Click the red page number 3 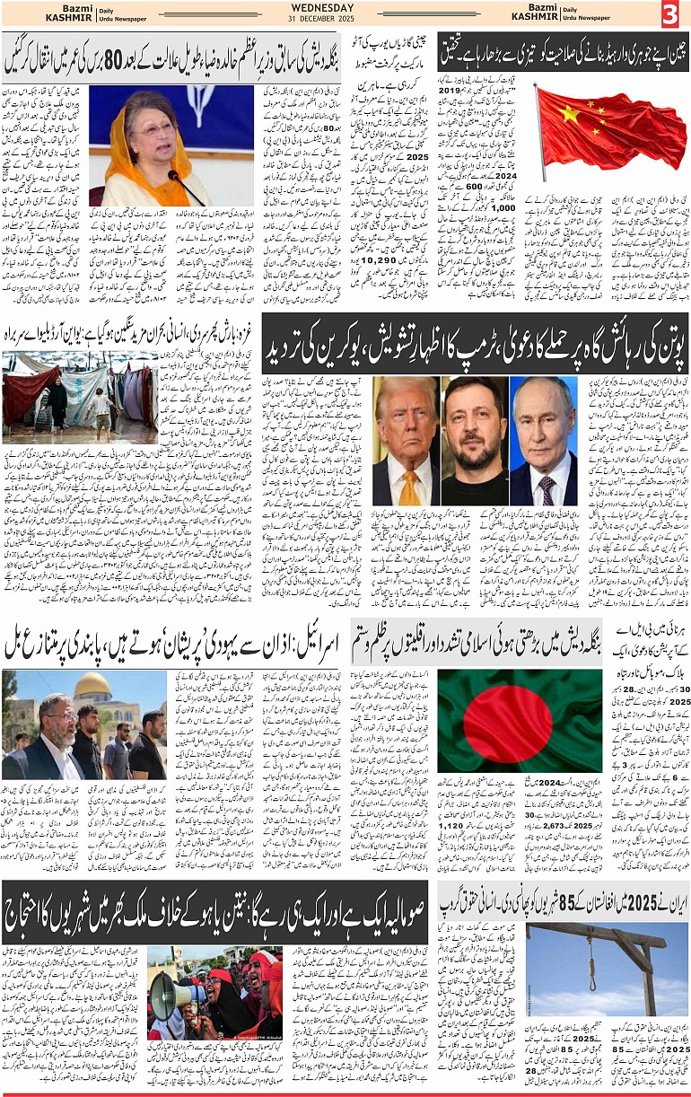pyautogui.click(x=672, y=14)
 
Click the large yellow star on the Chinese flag pyautogui.click(x=569, y=113)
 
